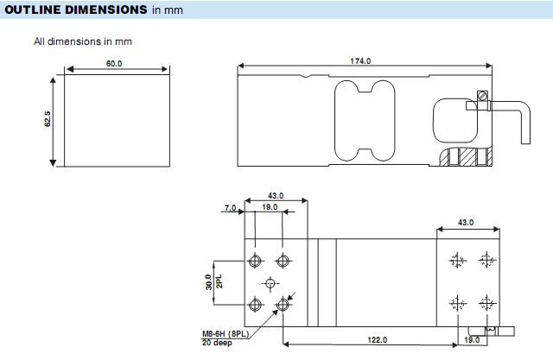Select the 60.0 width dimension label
point(114,63)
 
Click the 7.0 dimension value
point(229,208)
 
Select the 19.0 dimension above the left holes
point(269,208)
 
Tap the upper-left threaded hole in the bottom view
point(257,261)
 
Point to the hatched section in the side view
point(468,158)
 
